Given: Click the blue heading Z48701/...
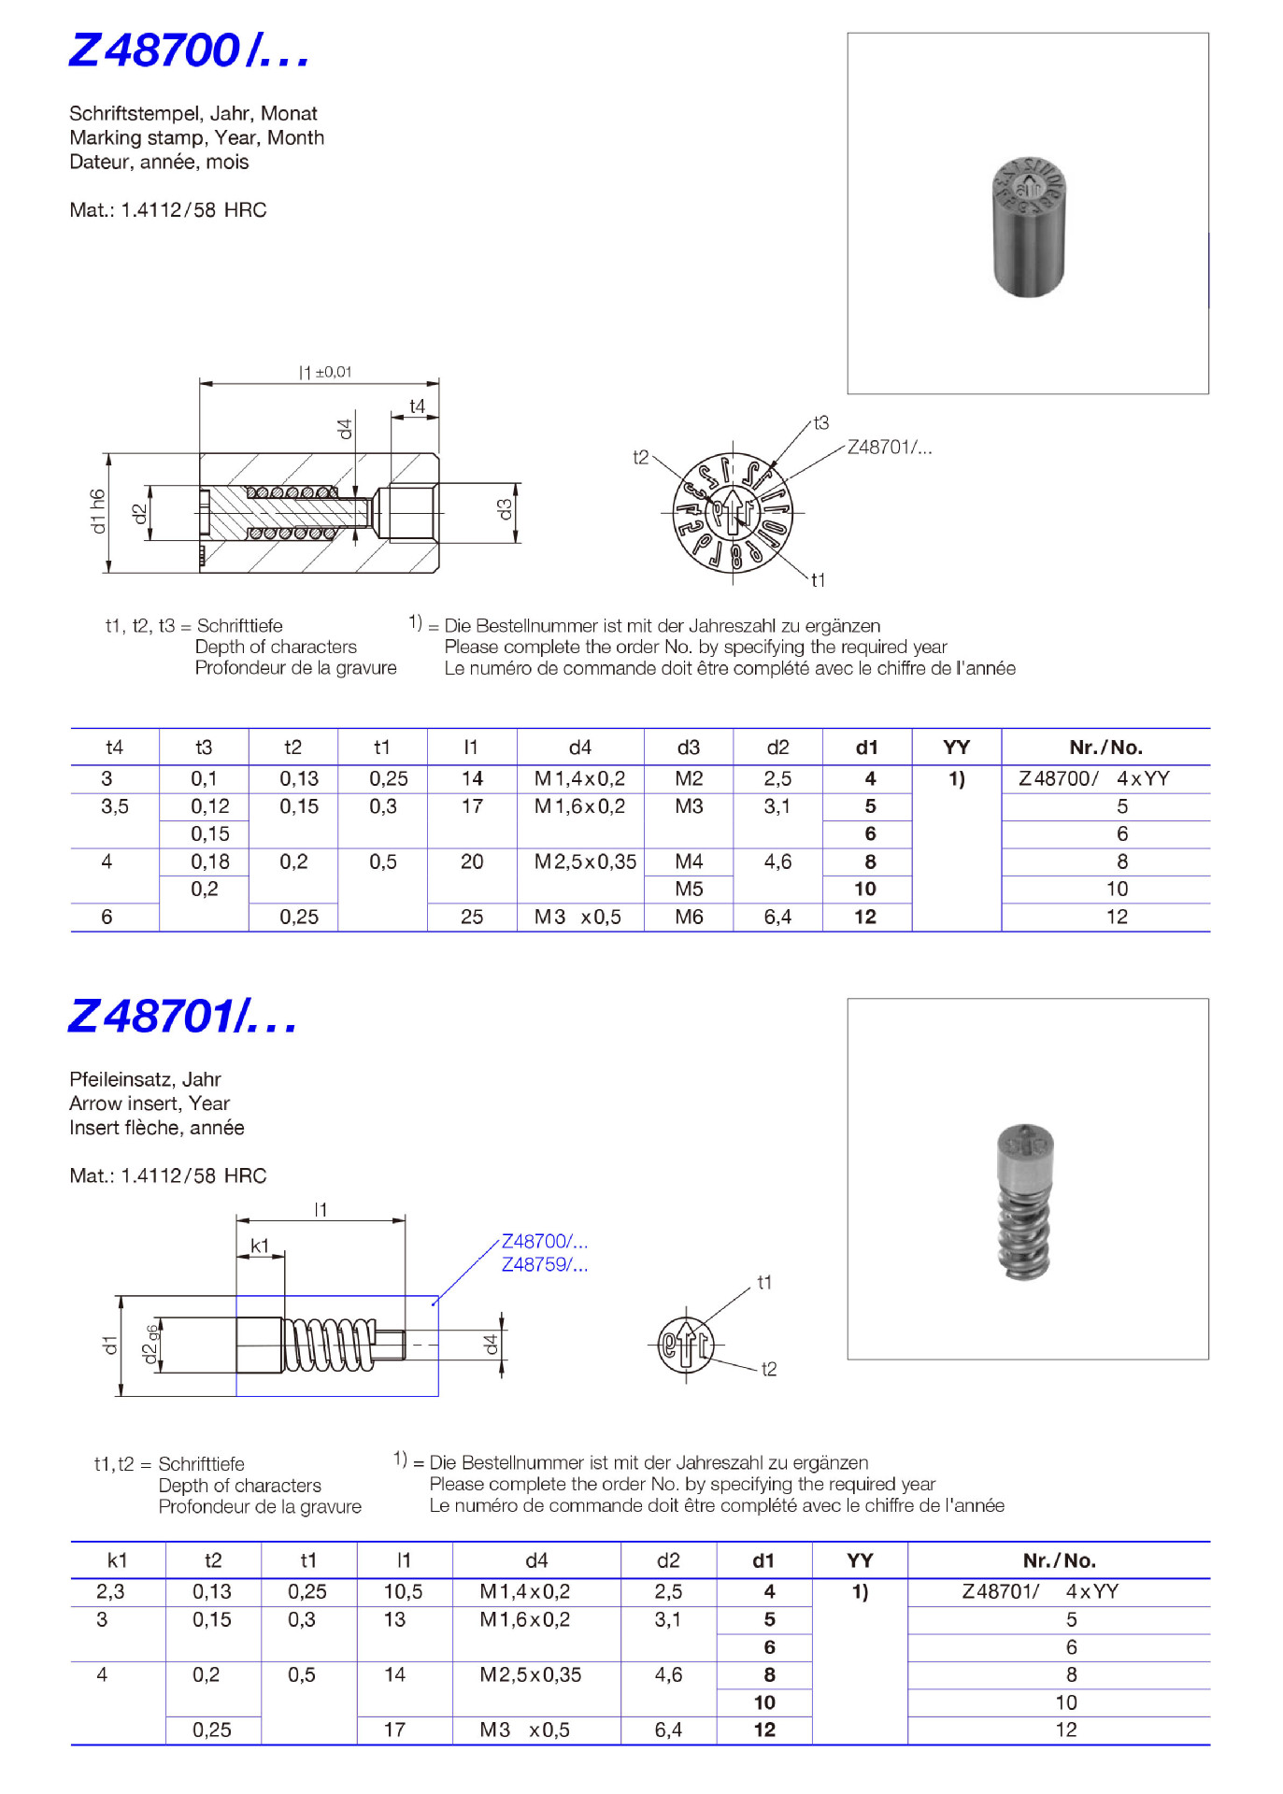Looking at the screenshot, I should point(182,1017).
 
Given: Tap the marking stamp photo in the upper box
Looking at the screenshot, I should point(1028,227).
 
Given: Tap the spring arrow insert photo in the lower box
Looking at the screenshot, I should point(1025,1202).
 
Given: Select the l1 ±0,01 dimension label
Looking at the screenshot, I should point(324,372).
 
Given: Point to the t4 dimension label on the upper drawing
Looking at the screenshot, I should point(417,406).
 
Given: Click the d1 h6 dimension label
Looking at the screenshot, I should point(97,511).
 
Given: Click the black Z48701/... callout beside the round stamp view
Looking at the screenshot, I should point(889,447).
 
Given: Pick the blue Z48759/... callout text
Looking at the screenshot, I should point(544,1264).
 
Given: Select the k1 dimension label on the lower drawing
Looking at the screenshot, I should point(260,1246).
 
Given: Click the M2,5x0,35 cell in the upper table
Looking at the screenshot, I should point(585,861).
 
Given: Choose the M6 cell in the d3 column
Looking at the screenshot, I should point(689,917).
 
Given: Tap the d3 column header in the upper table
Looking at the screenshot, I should point(688,747).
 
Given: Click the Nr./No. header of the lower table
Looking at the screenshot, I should point(1059,1560).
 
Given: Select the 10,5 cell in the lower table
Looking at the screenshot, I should point(403,1591).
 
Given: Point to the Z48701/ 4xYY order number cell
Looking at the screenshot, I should point(1039,1591).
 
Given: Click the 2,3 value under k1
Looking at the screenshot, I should point(110,1591).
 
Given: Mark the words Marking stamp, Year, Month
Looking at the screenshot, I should point(196,137).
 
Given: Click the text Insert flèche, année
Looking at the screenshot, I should point(156,1128).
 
